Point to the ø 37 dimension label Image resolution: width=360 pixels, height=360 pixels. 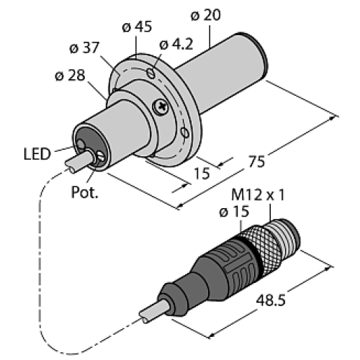tap(85, 49)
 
